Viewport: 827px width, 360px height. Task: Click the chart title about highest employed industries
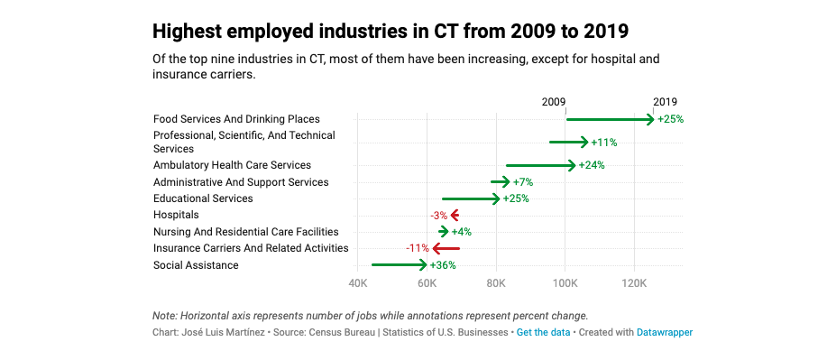pos(391,32)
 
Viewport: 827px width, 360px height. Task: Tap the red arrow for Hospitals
pos(455,215)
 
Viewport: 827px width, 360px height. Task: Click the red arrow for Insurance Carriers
pos(446,248)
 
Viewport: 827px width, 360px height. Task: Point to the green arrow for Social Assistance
pos(399,265)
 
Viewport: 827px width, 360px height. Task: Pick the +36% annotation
pos(443,265)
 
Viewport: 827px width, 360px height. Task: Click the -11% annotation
pos(417,248)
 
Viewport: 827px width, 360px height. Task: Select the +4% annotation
pos(461,232)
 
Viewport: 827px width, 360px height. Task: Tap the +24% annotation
pos(592,165)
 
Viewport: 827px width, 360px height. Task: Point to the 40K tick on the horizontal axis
pos(358,283)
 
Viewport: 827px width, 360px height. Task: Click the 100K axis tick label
pos(565,283)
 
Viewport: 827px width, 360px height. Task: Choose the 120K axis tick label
pos(634,283)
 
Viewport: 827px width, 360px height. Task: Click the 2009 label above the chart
pos(554,102)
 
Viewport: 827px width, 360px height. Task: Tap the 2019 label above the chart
pos(665,102)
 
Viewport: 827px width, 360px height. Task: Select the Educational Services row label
pos(203,198)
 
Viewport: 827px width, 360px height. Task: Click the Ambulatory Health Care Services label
pos(232,165)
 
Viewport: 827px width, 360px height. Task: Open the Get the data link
pos(543,333)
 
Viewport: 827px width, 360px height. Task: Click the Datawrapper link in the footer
pos(664,333)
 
